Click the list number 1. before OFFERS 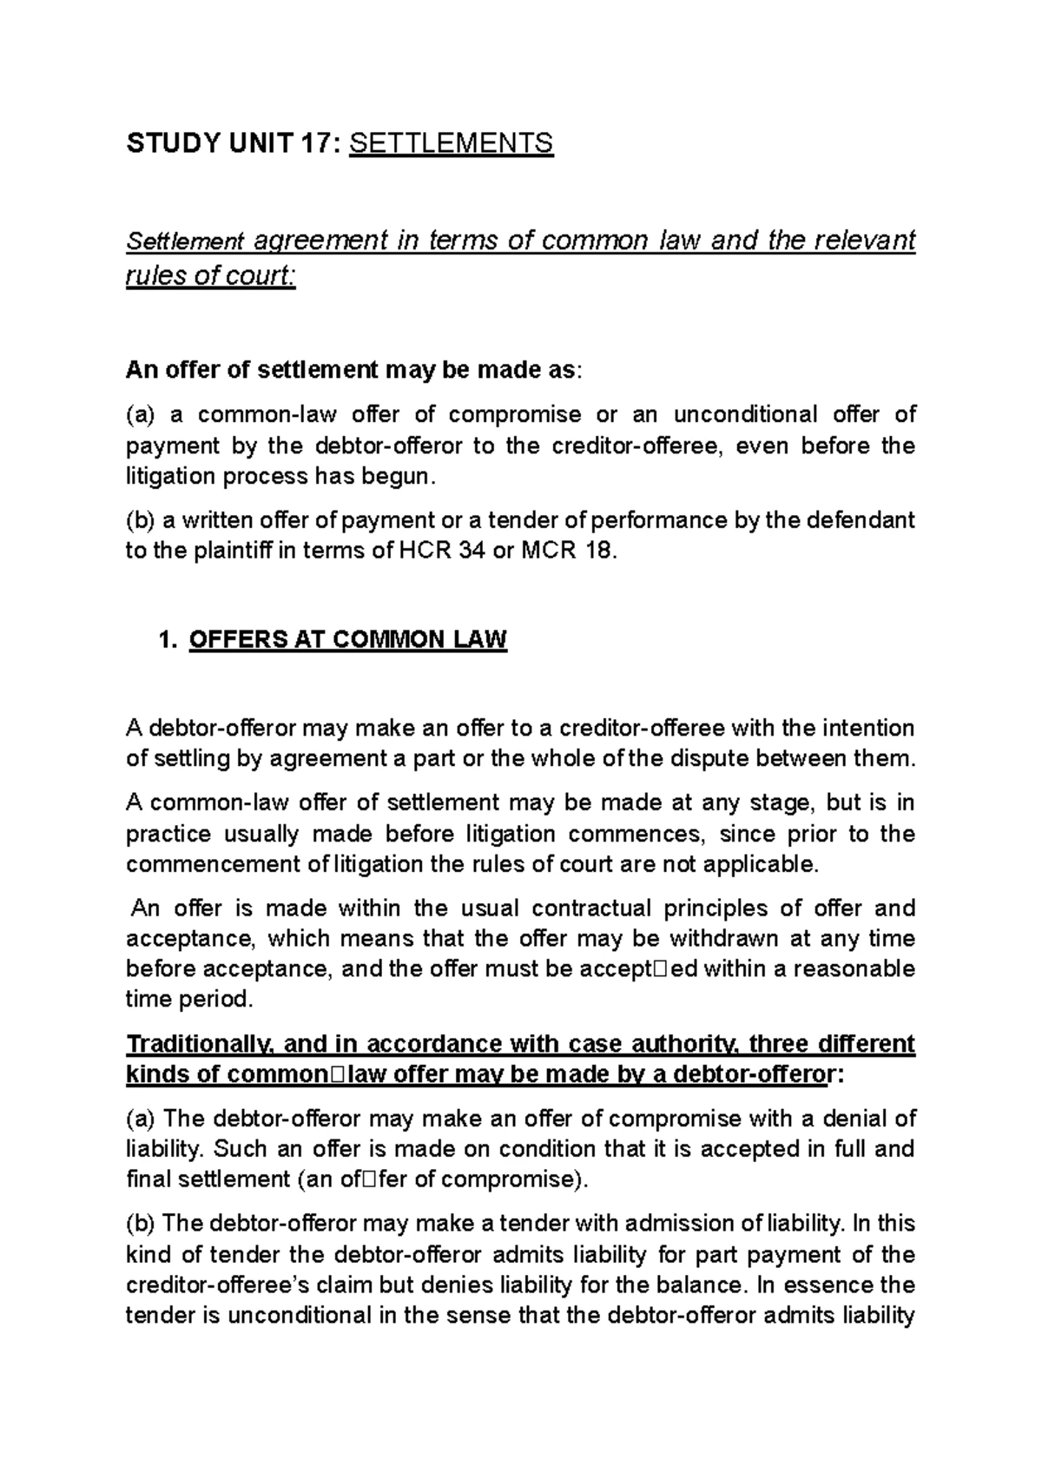click(168, 641)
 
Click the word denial click(837, 1119)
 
